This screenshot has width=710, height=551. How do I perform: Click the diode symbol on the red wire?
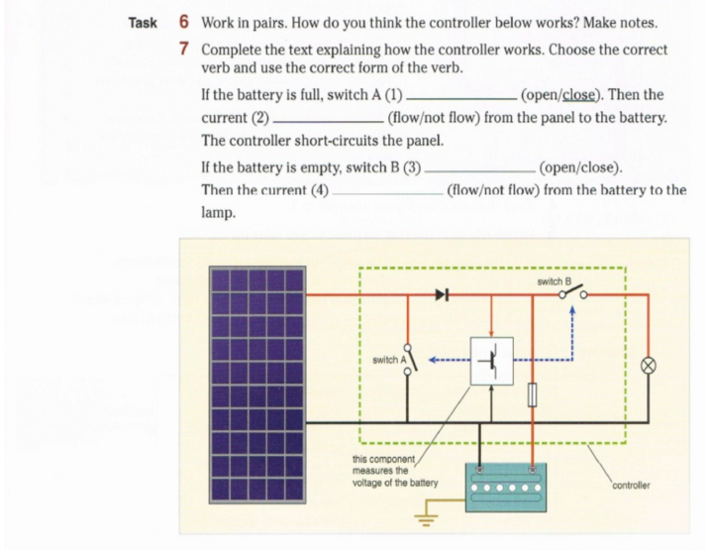click(443, 295)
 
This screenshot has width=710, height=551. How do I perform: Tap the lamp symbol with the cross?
click(649, 366)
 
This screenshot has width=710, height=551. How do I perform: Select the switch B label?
click(554, 281)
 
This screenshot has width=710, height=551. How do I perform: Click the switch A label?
click(389, 360)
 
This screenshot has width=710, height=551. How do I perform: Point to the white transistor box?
click(492, 361)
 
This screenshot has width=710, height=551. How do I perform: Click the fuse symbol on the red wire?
click(533, 394)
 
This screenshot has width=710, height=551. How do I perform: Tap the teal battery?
click(506, 488)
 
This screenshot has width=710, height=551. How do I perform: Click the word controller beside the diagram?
click(631, 486)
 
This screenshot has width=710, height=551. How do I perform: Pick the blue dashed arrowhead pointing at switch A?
click(433, 361)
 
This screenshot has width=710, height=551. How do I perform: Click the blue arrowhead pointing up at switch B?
click(572, 310)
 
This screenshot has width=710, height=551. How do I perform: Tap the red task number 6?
click(183, 21)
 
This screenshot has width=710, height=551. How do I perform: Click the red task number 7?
click(183, 49)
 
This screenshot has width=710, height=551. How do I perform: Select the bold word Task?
click(143, 23)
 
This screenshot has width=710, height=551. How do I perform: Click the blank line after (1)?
click(461, 99)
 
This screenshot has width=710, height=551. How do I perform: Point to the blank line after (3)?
click(480, 171)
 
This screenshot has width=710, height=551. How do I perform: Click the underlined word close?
click(578, 95)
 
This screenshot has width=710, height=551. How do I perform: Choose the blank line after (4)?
click(388, 194)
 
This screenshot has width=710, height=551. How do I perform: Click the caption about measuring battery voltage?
click(395, 471)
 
